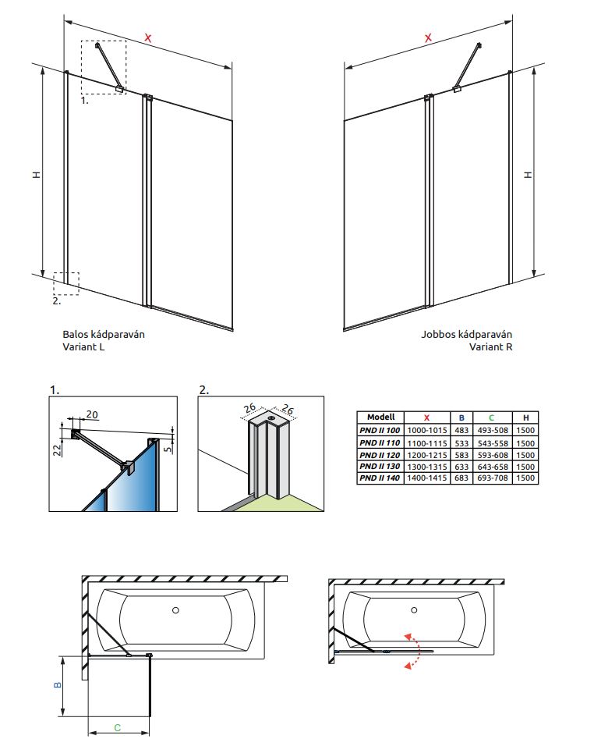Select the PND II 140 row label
[380, 478]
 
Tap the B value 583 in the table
[461, 453]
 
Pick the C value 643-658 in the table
[491, 466]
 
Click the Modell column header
[380, 417]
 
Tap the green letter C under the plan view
[117, 727]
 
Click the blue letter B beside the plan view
[57, 685]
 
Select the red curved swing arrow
[411, 649]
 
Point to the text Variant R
[491, 347]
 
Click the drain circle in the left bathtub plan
[176, 610]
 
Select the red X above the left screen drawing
[148, 37]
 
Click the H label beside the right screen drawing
[528, 174]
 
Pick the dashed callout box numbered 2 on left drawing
[66, 282]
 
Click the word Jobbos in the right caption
[438, 334]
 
